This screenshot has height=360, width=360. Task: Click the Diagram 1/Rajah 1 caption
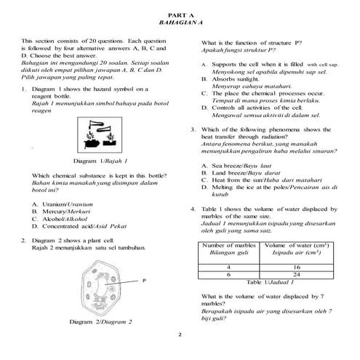pos(100,160)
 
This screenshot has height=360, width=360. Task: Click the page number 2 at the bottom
pos(180,335)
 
